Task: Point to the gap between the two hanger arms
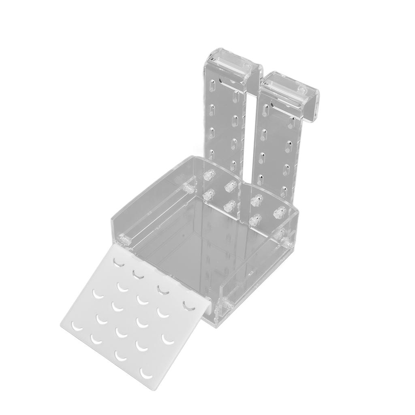(252, 134)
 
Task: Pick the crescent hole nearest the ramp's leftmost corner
(75, 325)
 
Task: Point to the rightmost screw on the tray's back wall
(280, 211)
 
